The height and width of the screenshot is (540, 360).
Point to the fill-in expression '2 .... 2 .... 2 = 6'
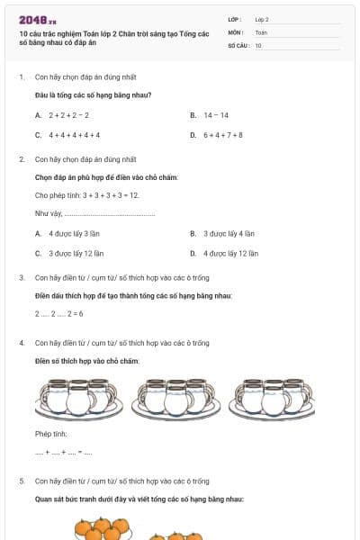click(59, 313)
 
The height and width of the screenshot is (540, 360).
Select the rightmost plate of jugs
click(272, 396)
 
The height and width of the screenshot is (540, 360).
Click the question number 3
click(22, 277)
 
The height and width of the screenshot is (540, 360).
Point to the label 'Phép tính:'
click(51, 434)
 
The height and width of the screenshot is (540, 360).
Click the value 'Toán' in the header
click(261, 31)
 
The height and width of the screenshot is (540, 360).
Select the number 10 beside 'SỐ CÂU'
click(258, 44)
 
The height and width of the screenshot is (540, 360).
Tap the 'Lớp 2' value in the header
click(262, 18)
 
